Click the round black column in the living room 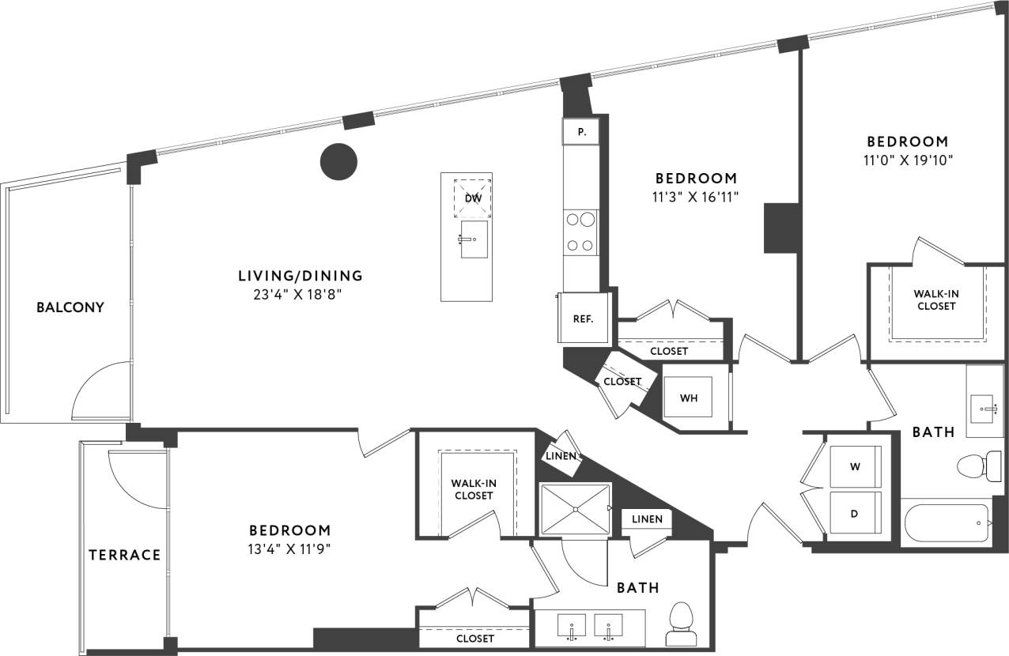338,161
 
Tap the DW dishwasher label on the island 473,198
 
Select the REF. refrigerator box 583,319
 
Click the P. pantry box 581,132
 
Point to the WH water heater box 690,398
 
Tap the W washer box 855,467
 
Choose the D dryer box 854,514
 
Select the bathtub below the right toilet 946,523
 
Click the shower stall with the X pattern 575,509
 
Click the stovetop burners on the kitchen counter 580,232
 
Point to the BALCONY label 70,307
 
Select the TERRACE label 124,555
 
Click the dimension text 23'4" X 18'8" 300,295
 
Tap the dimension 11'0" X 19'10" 907,160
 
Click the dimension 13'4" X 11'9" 289,549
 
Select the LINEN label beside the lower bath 647,518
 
